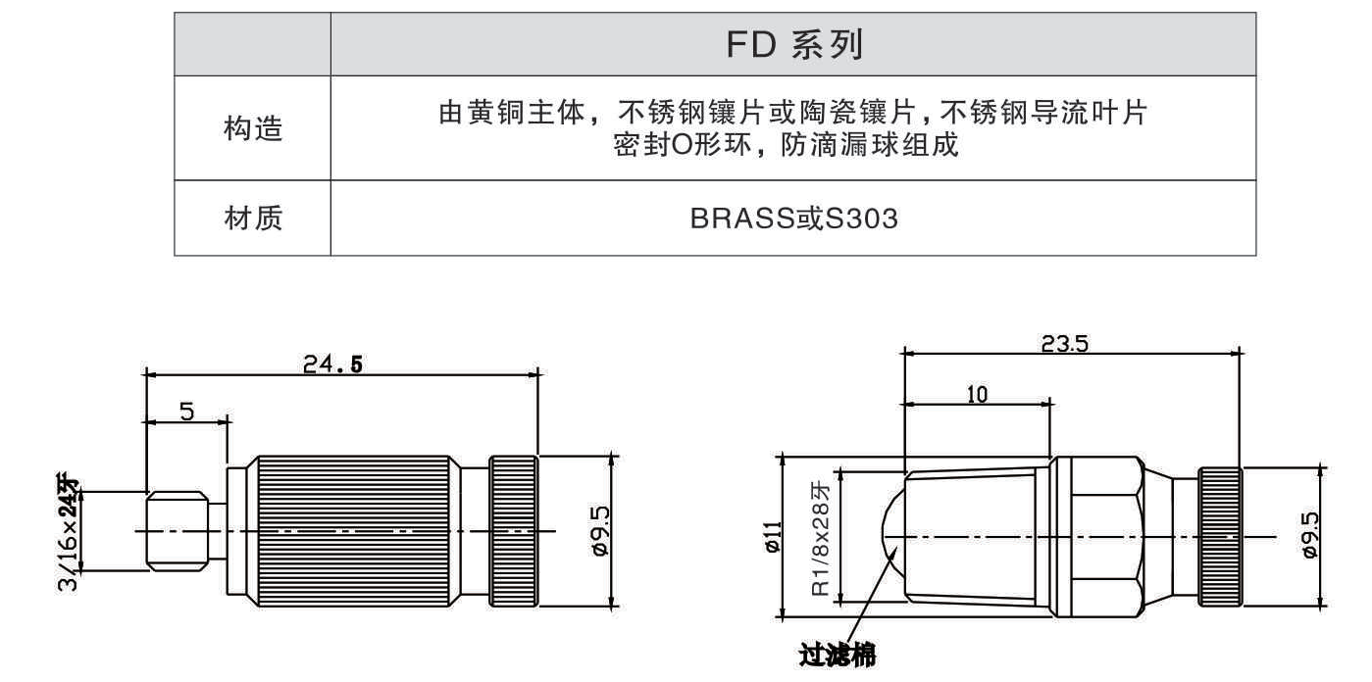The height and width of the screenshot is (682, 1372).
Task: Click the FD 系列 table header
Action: tap(792, 45)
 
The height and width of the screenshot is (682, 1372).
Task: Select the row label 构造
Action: tap(252, 127)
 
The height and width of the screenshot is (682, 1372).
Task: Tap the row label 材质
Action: tap(252, 218)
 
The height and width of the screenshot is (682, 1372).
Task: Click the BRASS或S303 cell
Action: tap(792, 218)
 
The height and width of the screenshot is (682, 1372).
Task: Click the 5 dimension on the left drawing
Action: tap(186, 412)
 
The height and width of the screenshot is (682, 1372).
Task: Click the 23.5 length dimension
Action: tap(1070, 344)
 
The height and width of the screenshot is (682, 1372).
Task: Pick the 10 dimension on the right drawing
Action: tap(977, 394)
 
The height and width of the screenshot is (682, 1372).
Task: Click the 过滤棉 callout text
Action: tap(837, 653)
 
